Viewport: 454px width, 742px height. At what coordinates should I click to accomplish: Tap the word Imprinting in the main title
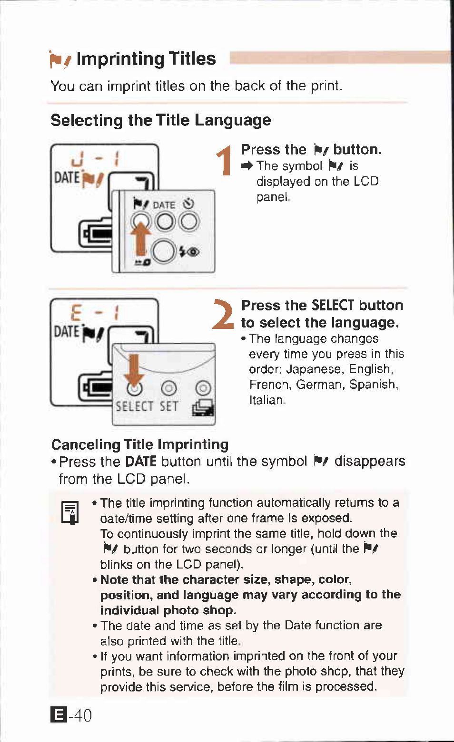tap(119, 59)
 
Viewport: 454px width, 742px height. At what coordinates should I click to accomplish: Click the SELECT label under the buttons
tap(135, 407)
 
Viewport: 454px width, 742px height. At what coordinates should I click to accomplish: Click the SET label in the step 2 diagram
tap(168, 407)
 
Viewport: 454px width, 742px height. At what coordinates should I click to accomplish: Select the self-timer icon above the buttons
tap(188, 204)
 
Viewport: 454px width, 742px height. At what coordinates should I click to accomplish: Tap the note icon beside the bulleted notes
tap(70, 512)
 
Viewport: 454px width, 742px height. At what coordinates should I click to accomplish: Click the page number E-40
tap(71, 715)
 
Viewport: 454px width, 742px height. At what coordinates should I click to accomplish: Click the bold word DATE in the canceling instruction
tap(140, 462)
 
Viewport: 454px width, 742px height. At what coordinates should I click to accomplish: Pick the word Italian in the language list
tap(266, 400)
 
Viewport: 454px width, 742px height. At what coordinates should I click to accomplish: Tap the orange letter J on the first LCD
tap(77, 160)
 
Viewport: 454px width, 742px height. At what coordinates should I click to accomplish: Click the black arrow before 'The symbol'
tap(247, 166)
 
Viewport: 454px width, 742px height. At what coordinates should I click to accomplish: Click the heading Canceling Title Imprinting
tap(140, 444)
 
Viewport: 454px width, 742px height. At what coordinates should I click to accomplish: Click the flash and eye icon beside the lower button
tap(189, 251)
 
